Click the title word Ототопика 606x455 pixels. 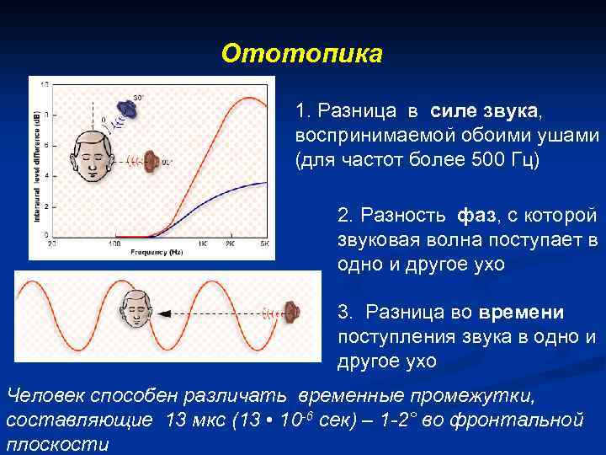[x=301, y=54]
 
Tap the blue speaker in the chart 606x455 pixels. [x=127, y=107]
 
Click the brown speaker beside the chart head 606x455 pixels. [x=151, y=159]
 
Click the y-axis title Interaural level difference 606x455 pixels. [x=35, y=169]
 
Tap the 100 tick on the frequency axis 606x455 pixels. [x=114, y=244]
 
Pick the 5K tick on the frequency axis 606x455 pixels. [x=263, y=244]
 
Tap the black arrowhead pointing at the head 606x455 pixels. [x=164, y=313]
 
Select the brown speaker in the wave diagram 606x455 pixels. [x=291, y=313]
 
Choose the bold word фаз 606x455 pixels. [x=476, y=217]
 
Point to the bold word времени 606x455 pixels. [x=521, y=313]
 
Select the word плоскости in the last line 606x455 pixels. [x=58, y=443]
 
